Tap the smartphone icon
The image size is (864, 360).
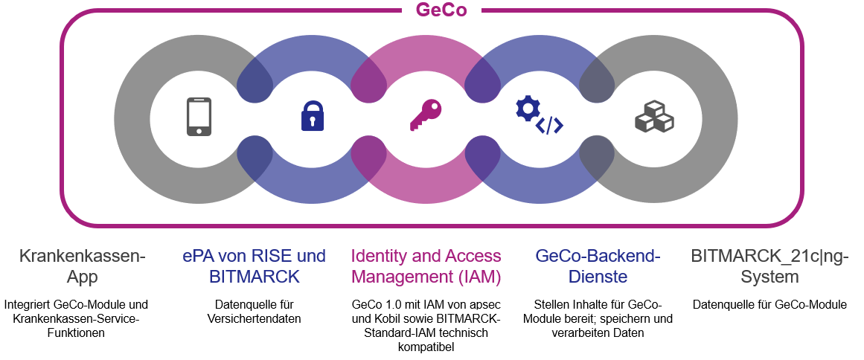point(199,116)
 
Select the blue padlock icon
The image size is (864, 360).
point(313,115)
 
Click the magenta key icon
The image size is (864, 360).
point(426,115)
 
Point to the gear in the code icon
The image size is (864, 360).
point(527,109)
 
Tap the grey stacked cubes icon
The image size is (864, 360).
point(655,115)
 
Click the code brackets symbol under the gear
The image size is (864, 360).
point(549,126)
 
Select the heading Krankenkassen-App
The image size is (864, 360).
point(82,266)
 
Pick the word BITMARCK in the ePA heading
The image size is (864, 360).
point(255,277)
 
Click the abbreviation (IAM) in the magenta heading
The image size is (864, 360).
point(479,277)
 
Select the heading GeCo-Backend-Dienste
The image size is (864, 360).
point(598,266)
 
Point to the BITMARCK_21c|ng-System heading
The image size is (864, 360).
point(769,266)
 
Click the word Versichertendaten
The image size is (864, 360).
point(255,318)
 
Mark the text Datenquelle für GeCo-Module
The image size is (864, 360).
point(769,305)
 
